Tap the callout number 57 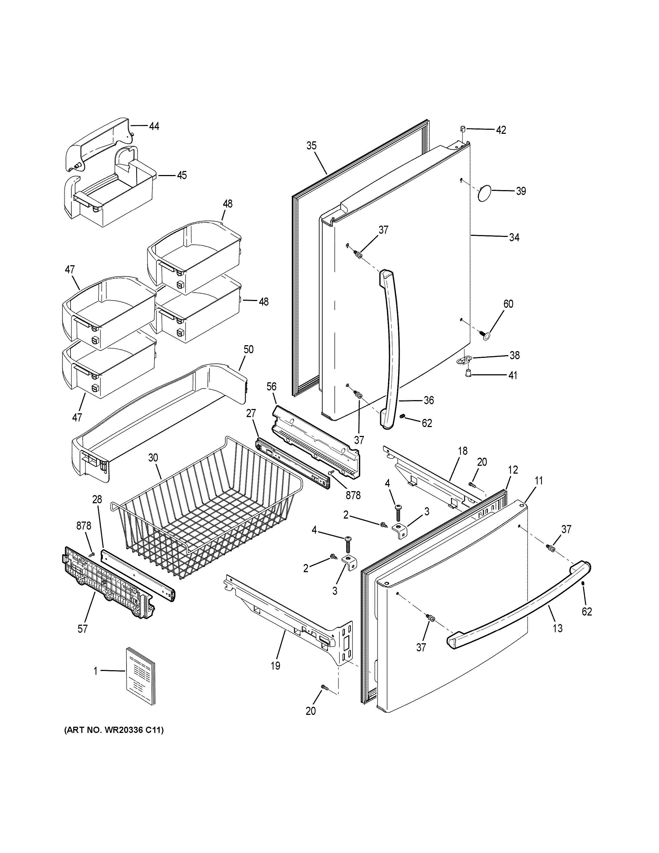pyautogui.click(x=83, y=629)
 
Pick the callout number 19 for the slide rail pyautogui.click(x=276, y=666)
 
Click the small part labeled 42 pyautogui.click(x=463, y=128)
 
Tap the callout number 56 pyautogui.click(x=271, y=387)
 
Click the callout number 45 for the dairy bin pyautogui.click(x=182, y=175)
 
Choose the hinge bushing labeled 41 pyautogui.click(x=468, y=375)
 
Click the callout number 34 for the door pyautogui.click(x=514, y=237)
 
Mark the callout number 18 pyautogui.click(x=463, y=451)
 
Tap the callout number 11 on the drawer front pyautogui.click(x=539, y=481)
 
